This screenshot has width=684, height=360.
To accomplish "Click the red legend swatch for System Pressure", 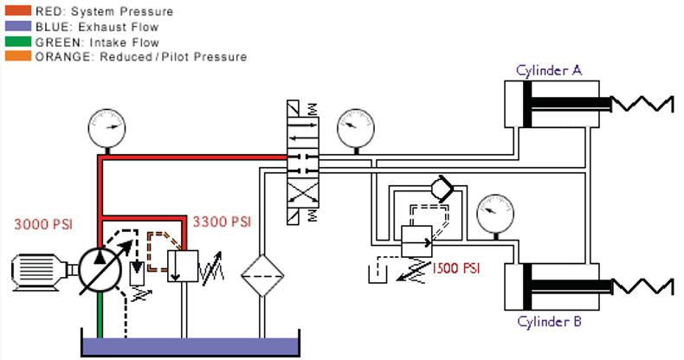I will tap(17, 11).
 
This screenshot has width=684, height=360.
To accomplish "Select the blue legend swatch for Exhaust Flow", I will tap(17, 26).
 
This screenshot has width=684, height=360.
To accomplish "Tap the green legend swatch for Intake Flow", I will tap(17, 41).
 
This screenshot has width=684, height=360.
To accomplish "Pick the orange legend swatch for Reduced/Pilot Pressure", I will tap(17, 56).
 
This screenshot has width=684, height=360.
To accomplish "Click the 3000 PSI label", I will tap(42, 225).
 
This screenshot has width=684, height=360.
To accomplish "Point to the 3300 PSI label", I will tap(221, 222).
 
